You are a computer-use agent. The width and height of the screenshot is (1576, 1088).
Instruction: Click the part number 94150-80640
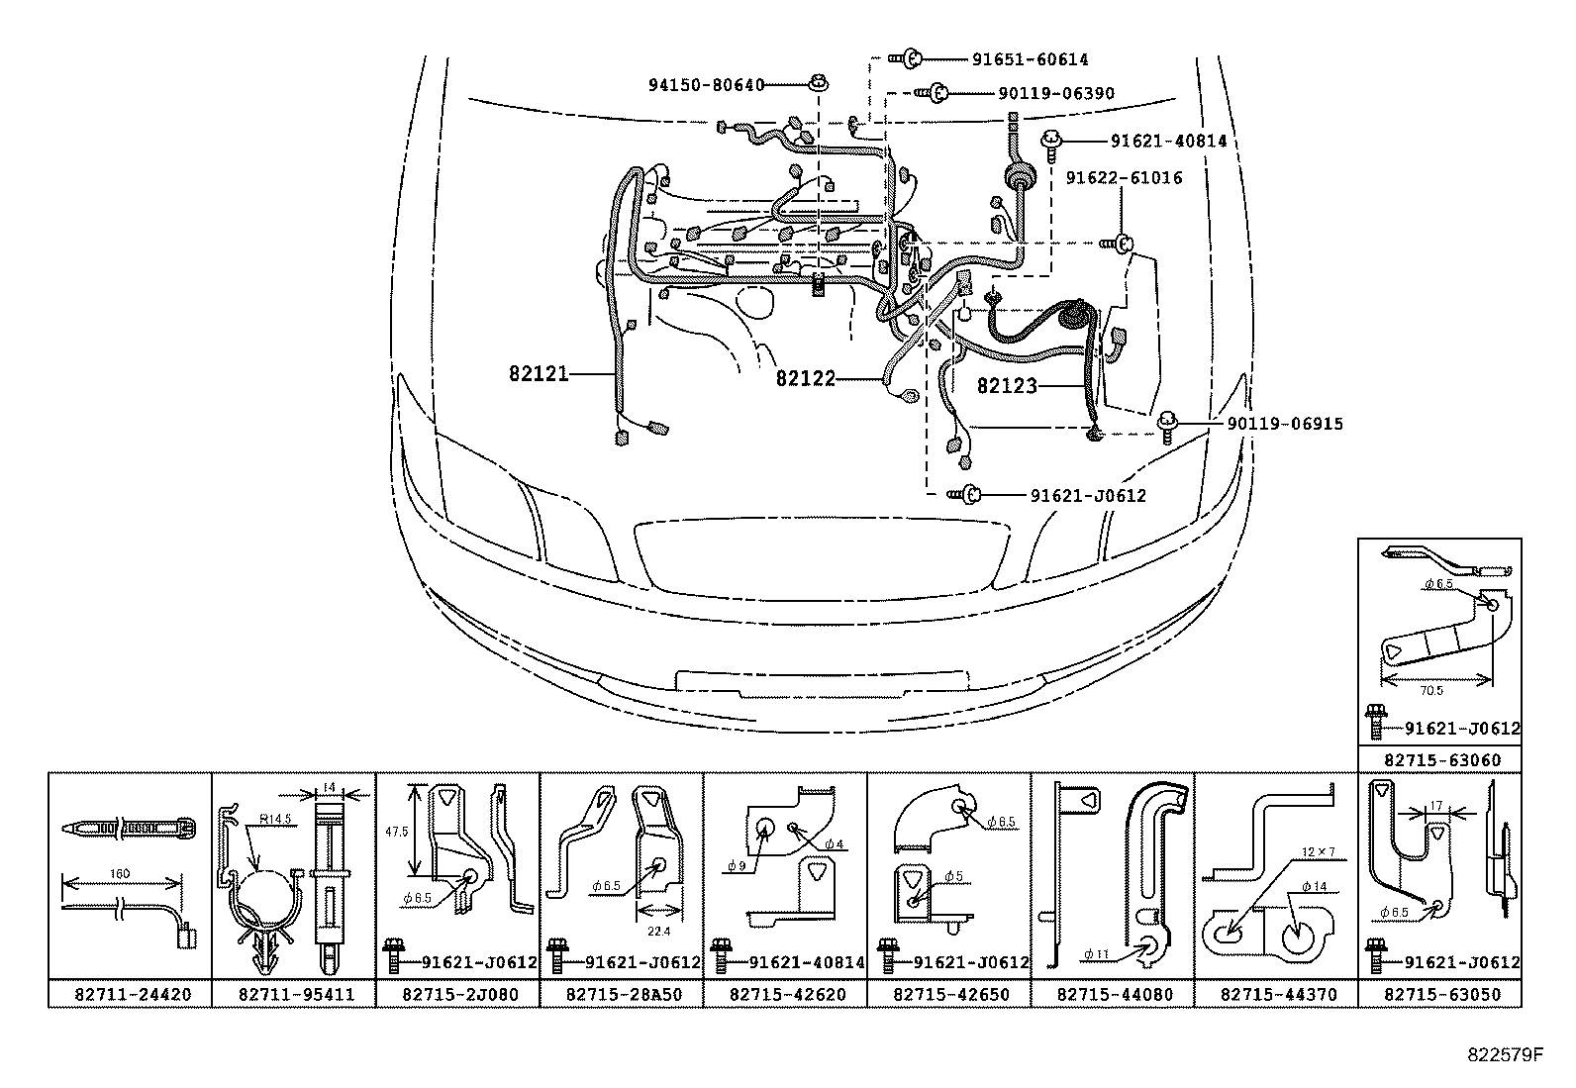pyautogui.click(x=706, y=85)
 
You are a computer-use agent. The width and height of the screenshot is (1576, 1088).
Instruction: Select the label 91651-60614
pyautogui.click(x=1029, y=59)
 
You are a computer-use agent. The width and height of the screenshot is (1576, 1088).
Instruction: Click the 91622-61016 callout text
pyautogui.click(x=1123, y=178)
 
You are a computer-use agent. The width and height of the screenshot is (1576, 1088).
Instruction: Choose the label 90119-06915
pyautogui.click(x=1284, y=424)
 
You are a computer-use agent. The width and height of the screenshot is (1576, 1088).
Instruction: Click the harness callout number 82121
pyautogui.click(x=539, y=373)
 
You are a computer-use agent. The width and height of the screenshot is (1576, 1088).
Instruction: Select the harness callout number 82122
pyautogui.click(x=805, y=378)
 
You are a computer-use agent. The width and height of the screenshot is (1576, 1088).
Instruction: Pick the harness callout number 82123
pyautogui.click(x=1007, y=386)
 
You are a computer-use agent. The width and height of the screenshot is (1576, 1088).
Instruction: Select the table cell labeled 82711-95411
pyautogui.click(x=294, y=994)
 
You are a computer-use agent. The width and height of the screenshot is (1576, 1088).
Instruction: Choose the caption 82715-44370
pyautogui.click(x=1278, y=994)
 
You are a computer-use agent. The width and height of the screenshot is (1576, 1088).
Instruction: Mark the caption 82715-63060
pyautogui.click(x=1441, y=760)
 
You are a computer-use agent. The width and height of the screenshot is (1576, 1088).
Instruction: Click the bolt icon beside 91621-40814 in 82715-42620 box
pyautogui.click(x=721, y=960)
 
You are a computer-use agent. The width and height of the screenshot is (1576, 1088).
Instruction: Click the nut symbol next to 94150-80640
pyautogui.click(x=818, y=83)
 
